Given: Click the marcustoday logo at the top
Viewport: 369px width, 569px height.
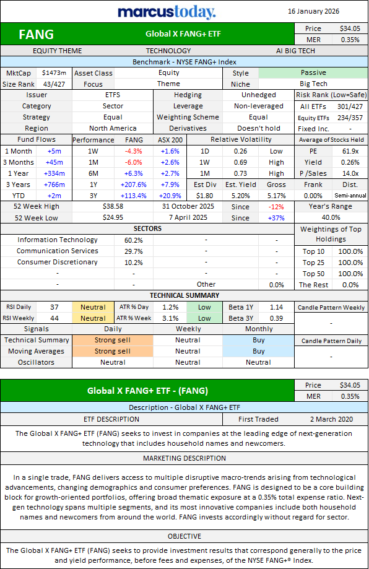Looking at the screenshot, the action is point(167,12).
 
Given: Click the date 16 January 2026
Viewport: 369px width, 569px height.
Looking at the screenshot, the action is point(313,11).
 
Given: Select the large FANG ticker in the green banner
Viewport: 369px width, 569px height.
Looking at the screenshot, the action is point(37,35).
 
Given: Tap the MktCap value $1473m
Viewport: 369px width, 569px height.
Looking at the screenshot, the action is point(54,73).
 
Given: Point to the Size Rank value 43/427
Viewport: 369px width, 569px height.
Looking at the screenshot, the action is point(54,84).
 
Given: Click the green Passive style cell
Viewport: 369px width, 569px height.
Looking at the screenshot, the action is point(313,72).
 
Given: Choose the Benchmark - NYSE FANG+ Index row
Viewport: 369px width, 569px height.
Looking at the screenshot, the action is point(184,62).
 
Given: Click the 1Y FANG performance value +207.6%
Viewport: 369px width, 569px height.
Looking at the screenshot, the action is point(134,185).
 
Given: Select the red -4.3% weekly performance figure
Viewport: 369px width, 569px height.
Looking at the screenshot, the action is point(134,151).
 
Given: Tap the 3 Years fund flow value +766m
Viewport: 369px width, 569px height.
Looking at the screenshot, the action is point(54,185).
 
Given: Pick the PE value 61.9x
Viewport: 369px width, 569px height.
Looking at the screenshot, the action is point(350,151).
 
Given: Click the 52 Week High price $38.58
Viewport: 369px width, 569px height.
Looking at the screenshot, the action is point(113,206).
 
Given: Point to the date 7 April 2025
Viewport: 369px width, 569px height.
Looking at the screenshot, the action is point(188,218).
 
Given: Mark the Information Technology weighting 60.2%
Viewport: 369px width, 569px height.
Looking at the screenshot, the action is point(134,240).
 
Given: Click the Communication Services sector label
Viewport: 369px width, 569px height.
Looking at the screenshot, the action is point(58,251).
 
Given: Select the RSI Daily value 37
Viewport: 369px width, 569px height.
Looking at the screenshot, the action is point(54,307).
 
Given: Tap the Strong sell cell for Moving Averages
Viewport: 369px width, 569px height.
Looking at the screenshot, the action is point(113,351).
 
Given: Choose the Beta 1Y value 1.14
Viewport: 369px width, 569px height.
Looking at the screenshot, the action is point(277,307).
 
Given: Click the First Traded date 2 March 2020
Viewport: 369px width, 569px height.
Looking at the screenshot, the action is point(331,420).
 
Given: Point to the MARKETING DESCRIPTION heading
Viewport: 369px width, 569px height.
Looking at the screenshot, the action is point(184,458).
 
